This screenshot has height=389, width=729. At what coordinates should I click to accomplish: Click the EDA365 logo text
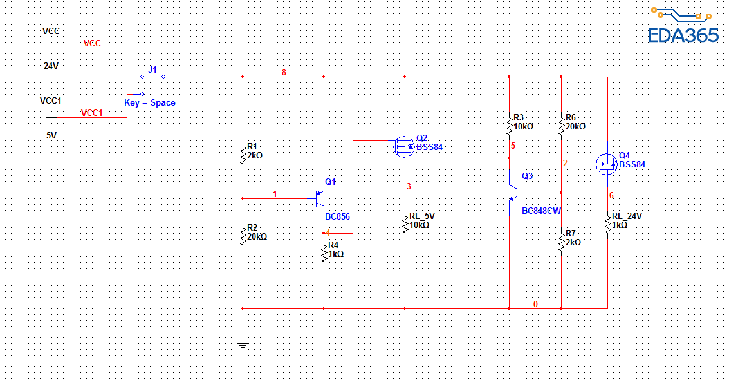[x=683, y=35]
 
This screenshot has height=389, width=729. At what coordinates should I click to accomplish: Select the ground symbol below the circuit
[x=243, y=345]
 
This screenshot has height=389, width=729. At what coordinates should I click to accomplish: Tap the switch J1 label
[x=152, y=69]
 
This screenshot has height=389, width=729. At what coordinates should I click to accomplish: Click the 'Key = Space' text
[x=150, y=102]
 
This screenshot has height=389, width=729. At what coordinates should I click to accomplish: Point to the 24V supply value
[x=51, y=66]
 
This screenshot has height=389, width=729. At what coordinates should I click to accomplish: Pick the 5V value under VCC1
[x=51, y=136]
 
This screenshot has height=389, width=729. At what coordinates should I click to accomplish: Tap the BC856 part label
[x=338, y=217]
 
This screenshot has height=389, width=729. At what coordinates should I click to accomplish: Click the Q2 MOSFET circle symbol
[x=403, y=146]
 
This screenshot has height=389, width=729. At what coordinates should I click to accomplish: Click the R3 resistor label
[x=519, y=118]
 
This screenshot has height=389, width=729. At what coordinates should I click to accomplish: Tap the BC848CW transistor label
[x=541, y=211]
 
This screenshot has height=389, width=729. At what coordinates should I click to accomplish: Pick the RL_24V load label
[x=627, y=216]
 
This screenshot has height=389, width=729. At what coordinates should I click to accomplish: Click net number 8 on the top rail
[x=284, y=72]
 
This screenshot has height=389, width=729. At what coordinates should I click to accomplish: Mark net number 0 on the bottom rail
[x=535, y=304]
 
